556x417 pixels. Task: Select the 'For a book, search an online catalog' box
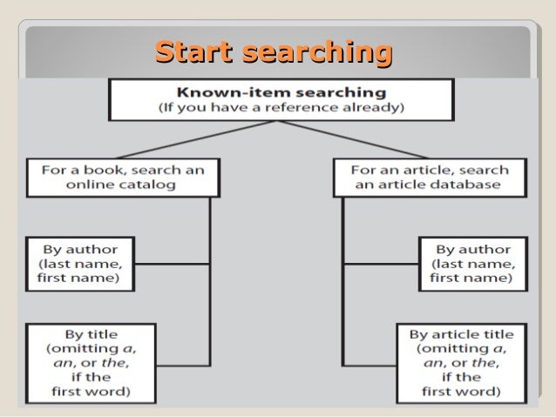(x=122, y=177)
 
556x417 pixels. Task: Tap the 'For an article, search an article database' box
(x=430, y=177)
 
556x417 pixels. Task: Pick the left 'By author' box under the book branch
(x=79, y=263)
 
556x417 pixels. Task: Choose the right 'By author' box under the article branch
(x=471, y=263)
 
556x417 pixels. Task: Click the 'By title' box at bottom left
(x=91, y=362)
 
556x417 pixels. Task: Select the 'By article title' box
(x=461, y=362)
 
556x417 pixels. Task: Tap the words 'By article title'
(x=461, y=334)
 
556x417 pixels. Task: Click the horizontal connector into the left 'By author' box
(x=172, y=263)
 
